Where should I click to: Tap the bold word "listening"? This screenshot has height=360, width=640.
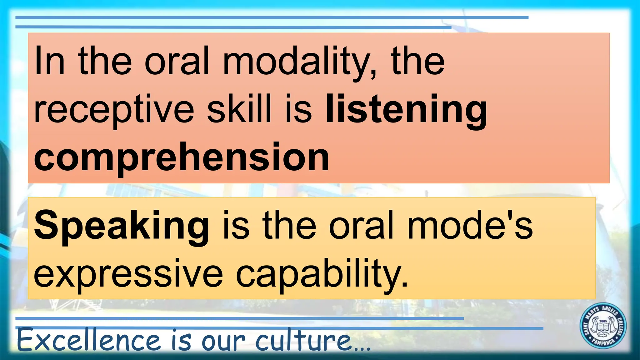click(406, 109)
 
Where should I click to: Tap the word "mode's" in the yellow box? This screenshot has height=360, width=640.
click(470, 225)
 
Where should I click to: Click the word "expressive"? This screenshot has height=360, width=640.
click(128, 274)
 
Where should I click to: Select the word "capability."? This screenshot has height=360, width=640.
click(322, 274)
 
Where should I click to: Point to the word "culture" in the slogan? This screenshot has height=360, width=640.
click(303, 340)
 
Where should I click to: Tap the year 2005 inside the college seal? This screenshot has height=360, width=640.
click(603, 321)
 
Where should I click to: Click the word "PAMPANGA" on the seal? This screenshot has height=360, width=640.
click(603, 342)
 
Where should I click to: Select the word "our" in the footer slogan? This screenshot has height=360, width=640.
click(223, 341)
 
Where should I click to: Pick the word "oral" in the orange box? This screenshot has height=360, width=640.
click(177, 61)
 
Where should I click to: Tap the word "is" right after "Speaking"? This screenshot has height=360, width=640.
click(236, 225)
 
